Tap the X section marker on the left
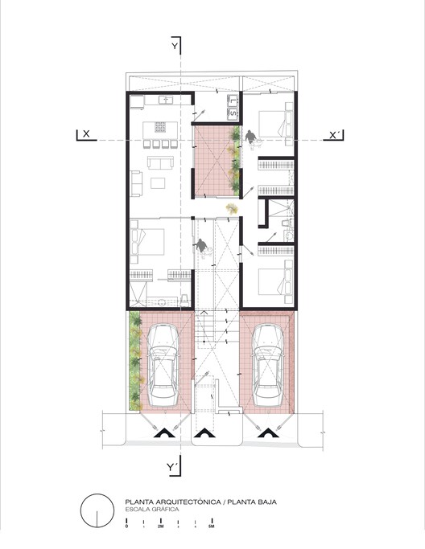[x=84, y=134]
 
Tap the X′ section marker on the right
[x=335, y=134]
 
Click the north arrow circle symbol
[x=96, y=510]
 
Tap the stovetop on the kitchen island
[x=159, y=126]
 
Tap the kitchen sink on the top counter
[x=168, y=100]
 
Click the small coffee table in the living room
[x=158, y=183]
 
